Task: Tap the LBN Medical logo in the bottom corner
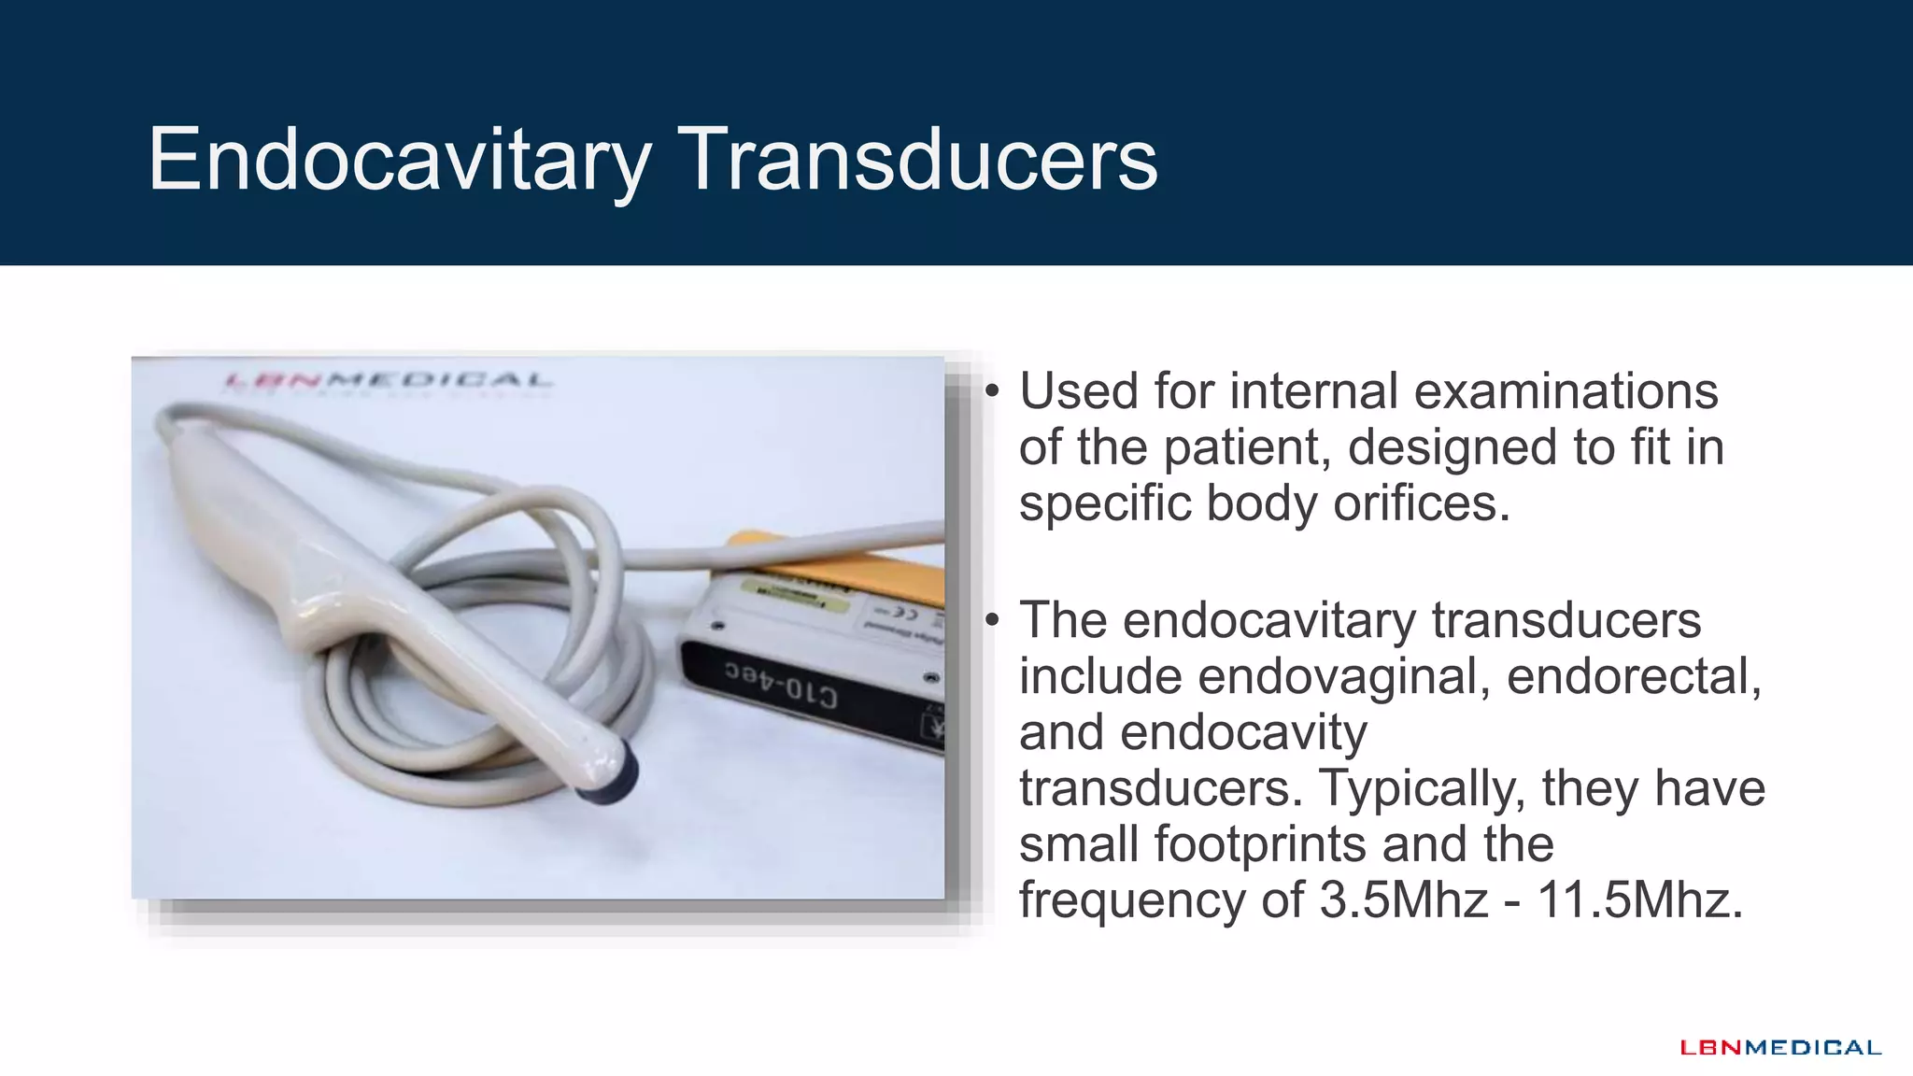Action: point(1780,1048)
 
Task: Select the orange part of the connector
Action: point(841,565)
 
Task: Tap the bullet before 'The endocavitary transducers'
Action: point(992,619)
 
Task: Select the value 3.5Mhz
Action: point(1403,901)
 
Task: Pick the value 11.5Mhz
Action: point(1639,901)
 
